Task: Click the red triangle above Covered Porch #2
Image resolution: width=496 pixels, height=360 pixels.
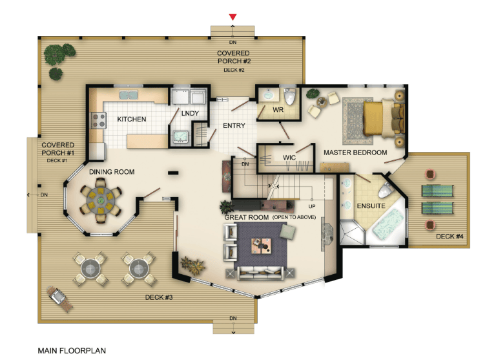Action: tap(232, 17)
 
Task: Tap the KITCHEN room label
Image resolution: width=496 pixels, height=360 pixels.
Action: tap(132, 120)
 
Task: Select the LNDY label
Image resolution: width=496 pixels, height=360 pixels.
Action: tap(190, 113)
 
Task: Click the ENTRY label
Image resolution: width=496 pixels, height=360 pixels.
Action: tap(234, 125)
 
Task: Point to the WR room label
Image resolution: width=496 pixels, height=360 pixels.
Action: tap(278, 110)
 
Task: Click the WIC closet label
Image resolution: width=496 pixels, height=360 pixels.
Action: tap(289, 158)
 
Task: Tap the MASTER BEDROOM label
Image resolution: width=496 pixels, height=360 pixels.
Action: tap(355, 153)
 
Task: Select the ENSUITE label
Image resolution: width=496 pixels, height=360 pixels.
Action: tap(371, 206)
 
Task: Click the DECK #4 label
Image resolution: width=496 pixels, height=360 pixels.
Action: tap(449, 237)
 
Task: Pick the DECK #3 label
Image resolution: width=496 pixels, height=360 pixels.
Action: tap(159, 297)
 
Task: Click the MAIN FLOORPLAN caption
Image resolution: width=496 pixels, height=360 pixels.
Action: tap(72, 351)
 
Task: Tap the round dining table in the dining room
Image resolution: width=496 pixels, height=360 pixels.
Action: tap(101, 200)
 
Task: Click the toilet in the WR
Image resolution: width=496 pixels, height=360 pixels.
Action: tap(290, 96)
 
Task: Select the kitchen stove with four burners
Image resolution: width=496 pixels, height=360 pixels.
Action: tap(98, 121)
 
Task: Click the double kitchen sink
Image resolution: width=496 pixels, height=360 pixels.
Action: tap(128, 94)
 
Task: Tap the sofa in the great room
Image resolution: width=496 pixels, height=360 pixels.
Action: tap(260, 273)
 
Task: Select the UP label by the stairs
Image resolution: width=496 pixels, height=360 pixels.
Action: tap(312, 206)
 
